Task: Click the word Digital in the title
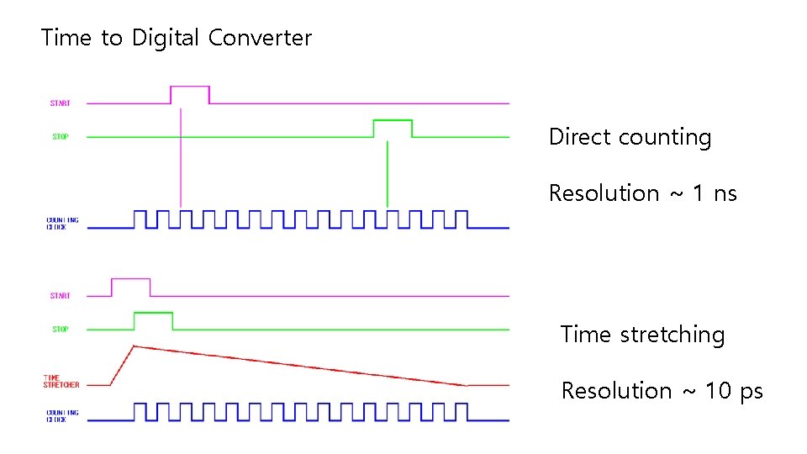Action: [165, 38]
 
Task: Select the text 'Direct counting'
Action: [630, 137]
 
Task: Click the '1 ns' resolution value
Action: [715, 193]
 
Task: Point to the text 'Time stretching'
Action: [642, 335]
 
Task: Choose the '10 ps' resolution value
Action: [734, 391]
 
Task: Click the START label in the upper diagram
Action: [61, 103]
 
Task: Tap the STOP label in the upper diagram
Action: [61, 136]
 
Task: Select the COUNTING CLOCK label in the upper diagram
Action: [62, 224]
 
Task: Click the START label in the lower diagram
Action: [61, 296]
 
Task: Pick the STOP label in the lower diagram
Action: [61, 329]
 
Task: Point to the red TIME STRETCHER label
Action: [61, 382]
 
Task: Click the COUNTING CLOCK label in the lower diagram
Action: [62, 416]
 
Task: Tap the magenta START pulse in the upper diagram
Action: [190, 87]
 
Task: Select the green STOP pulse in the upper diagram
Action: [393, 121]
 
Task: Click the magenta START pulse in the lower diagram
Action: [131, 279]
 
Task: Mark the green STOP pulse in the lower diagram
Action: [153, 313]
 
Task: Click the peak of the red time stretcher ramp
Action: [134, 346]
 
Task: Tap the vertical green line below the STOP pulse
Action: [387, 172]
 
